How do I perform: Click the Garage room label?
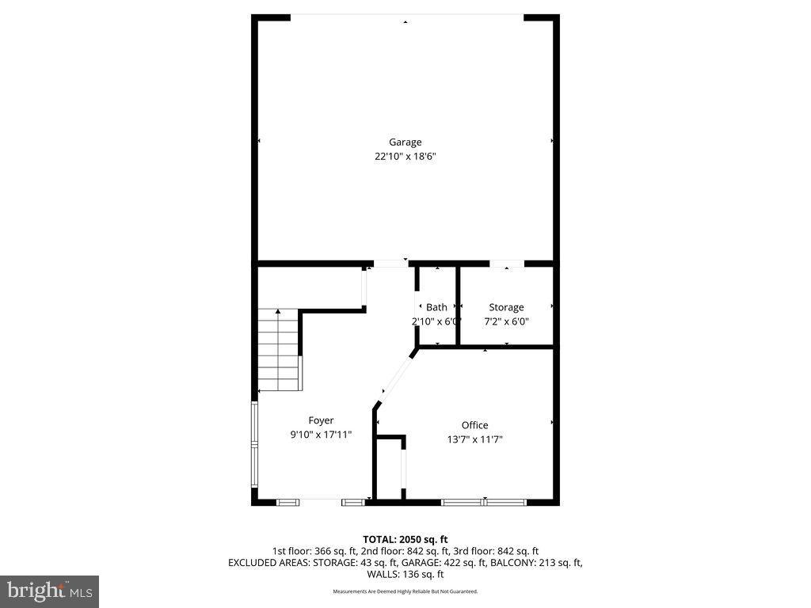(405, 142)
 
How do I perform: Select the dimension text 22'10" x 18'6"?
(405, 157)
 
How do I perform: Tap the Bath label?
(436, 307)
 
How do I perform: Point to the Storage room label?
(506, 307)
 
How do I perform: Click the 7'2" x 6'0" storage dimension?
(506, 321)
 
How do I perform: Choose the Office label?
(475, 425)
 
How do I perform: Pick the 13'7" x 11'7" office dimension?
(475, 439)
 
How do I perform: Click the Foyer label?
(321, 420)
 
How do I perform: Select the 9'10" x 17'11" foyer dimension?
(321, 435)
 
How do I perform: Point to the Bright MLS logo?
(49, 591)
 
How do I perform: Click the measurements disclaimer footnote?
(405, 591)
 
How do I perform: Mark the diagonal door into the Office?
(394, 379)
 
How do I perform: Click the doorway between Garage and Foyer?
(390, 263)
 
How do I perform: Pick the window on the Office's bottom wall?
(484, 501)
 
